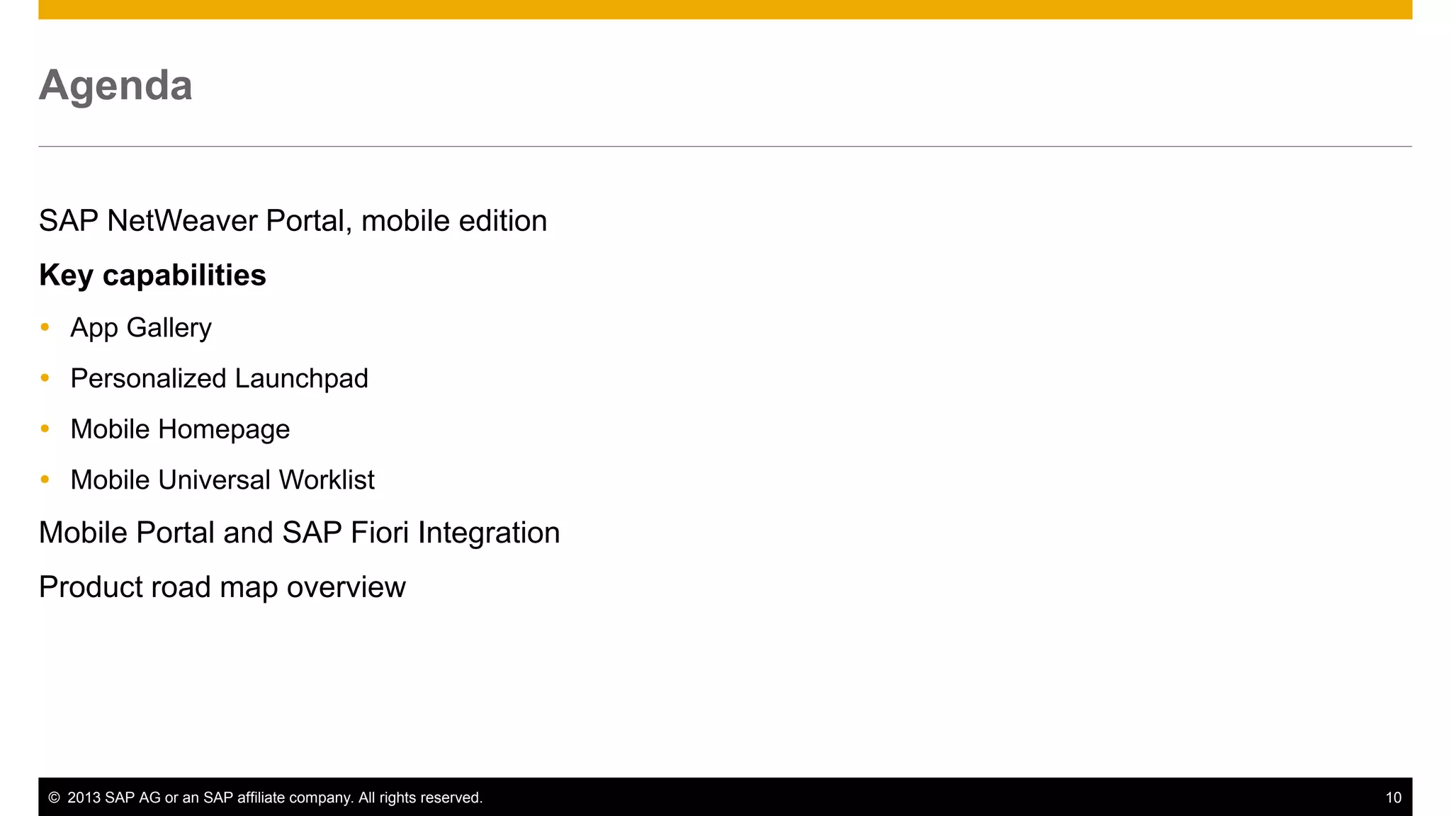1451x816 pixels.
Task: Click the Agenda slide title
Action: (x=115, y=86)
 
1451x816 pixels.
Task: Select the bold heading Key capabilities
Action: (x=152, y=276)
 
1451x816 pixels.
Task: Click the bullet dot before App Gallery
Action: (x=45, y=327)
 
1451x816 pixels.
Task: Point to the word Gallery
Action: (x=169, y=328)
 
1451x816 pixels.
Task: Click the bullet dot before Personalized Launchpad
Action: (x=45, y=378)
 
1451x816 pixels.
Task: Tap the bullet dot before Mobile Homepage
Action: (x=45, y=429)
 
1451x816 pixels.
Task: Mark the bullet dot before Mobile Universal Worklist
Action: (x=45, y=480)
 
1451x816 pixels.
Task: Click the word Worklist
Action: (x=327, y=480)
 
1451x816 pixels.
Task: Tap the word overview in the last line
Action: (x=346, y=587)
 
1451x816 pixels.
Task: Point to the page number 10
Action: (x=1393, y=798)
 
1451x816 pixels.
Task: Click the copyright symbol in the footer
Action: (x=54, y=798)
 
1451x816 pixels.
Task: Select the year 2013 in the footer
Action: (x=84, y=798)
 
